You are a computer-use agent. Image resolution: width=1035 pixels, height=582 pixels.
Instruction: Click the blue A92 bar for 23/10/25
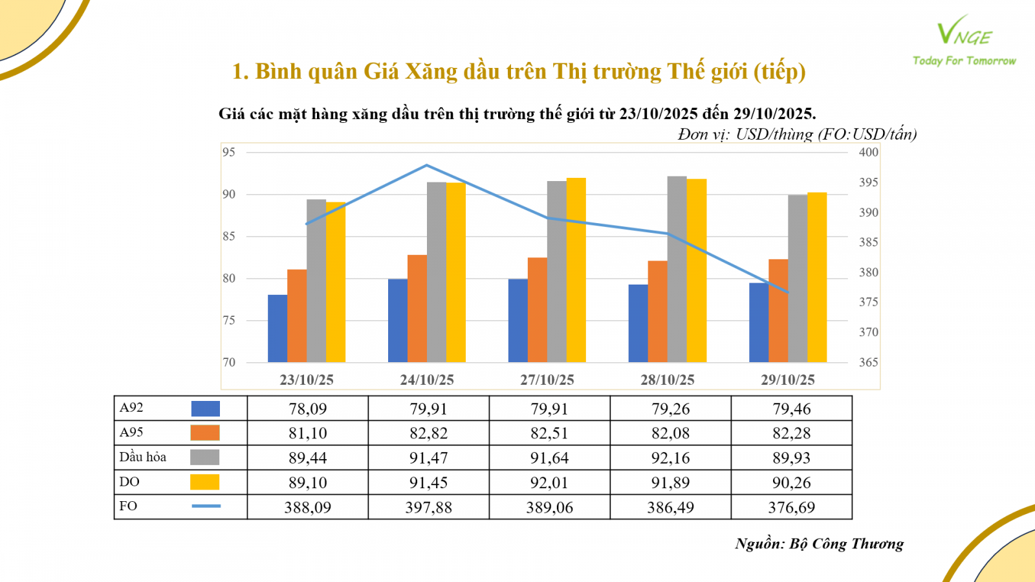click(278, 329)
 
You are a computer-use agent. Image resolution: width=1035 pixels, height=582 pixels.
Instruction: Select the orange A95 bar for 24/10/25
click(417, 308)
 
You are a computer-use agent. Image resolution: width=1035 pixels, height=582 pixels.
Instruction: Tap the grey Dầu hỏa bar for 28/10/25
click(677, 269)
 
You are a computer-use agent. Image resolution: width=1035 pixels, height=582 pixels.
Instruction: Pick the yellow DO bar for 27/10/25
click(576, 270)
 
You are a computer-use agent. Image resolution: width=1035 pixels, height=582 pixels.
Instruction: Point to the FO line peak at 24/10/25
click(427, 166)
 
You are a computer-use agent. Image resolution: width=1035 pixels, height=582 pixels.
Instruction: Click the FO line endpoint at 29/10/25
click(788, 292)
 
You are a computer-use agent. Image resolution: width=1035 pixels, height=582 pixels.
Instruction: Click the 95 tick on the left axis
click(229, 153)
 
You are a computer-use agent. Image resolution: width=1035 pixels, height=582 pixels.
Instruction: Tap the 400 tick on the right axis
click(868, 153)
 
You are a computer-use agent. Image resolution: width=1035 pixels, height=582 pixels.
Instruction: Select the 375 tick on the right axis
click(868, 302)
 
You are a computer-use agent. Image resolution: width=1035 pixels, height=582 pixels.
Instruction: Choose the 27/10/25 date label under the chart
click(547, 380)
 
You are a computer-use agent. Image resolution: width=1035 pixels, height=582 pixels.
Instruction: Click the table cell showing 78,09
click(307, 409)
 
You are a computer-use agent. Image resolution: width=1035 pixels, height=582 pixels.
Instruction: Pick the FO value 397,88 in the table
click(428, 508)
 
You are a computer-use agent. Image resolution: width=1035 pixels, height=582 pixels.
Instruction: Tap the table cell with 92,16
click(670, 458)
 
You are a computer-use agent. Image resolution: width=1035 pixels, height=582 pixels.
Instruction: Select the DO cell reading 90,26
click(791, 482)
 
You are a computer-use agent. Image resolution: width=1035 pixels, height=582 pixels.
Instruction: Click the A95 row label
click(131, 433)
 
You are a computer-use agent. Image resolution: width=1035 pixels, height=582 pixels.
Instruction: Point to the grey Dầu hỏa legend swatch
click(204, 457)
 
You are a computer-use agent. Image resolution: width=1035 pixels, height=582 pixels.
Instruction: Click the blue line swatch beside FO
click(206, 506)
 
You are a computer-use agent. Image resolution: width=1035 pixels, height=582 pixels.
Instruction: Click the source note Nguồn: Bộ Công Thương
click(819, 544)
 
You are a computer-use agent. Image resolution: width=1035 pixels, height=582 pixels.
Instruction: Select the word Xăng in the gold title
click(431, 71)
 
